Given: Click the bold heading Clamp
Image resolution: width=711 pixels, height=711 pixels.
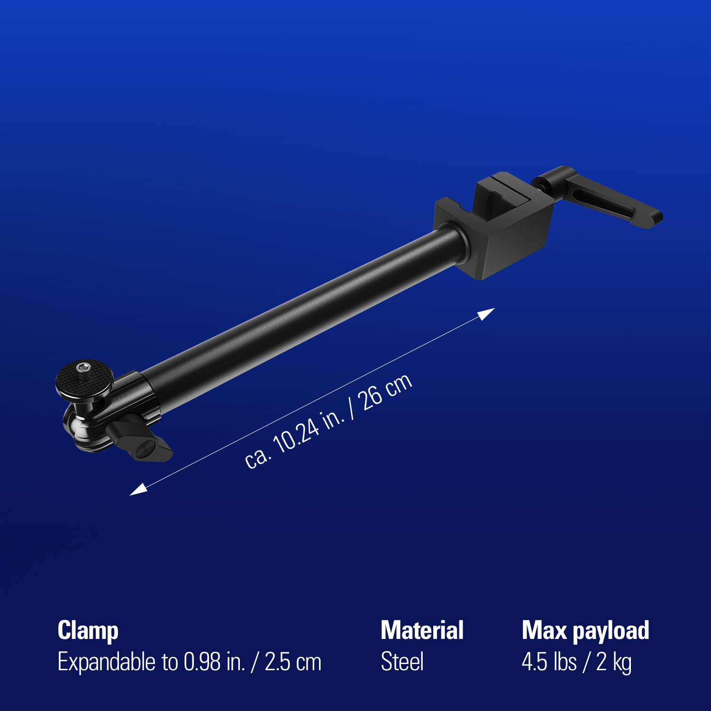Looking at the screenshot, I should tap(88, 631).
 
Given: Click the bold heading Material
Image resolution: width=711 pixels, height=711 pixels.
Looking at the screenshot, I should tap(422, 631).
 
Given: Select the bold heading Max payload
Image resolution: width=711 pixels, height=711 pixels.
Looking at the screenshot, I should tap(585, 631).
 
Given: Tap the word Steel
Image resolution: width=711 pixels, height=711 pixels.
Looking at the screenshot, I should tap(402, 662).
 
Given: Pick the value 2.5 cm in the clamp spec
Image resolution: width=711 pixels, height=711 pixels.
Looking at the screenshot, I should tap(293, 662).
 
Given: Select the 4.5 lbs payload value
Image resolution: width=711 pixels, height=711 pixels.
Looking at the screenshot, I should tap(549, 662).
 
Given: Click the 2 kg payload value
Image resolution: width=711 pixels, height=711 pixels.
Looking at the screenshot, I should tap(614, 662).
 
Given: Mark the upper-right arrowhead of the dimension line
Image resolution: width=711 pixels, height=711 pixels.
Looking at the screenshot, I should tap(487, 313).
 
